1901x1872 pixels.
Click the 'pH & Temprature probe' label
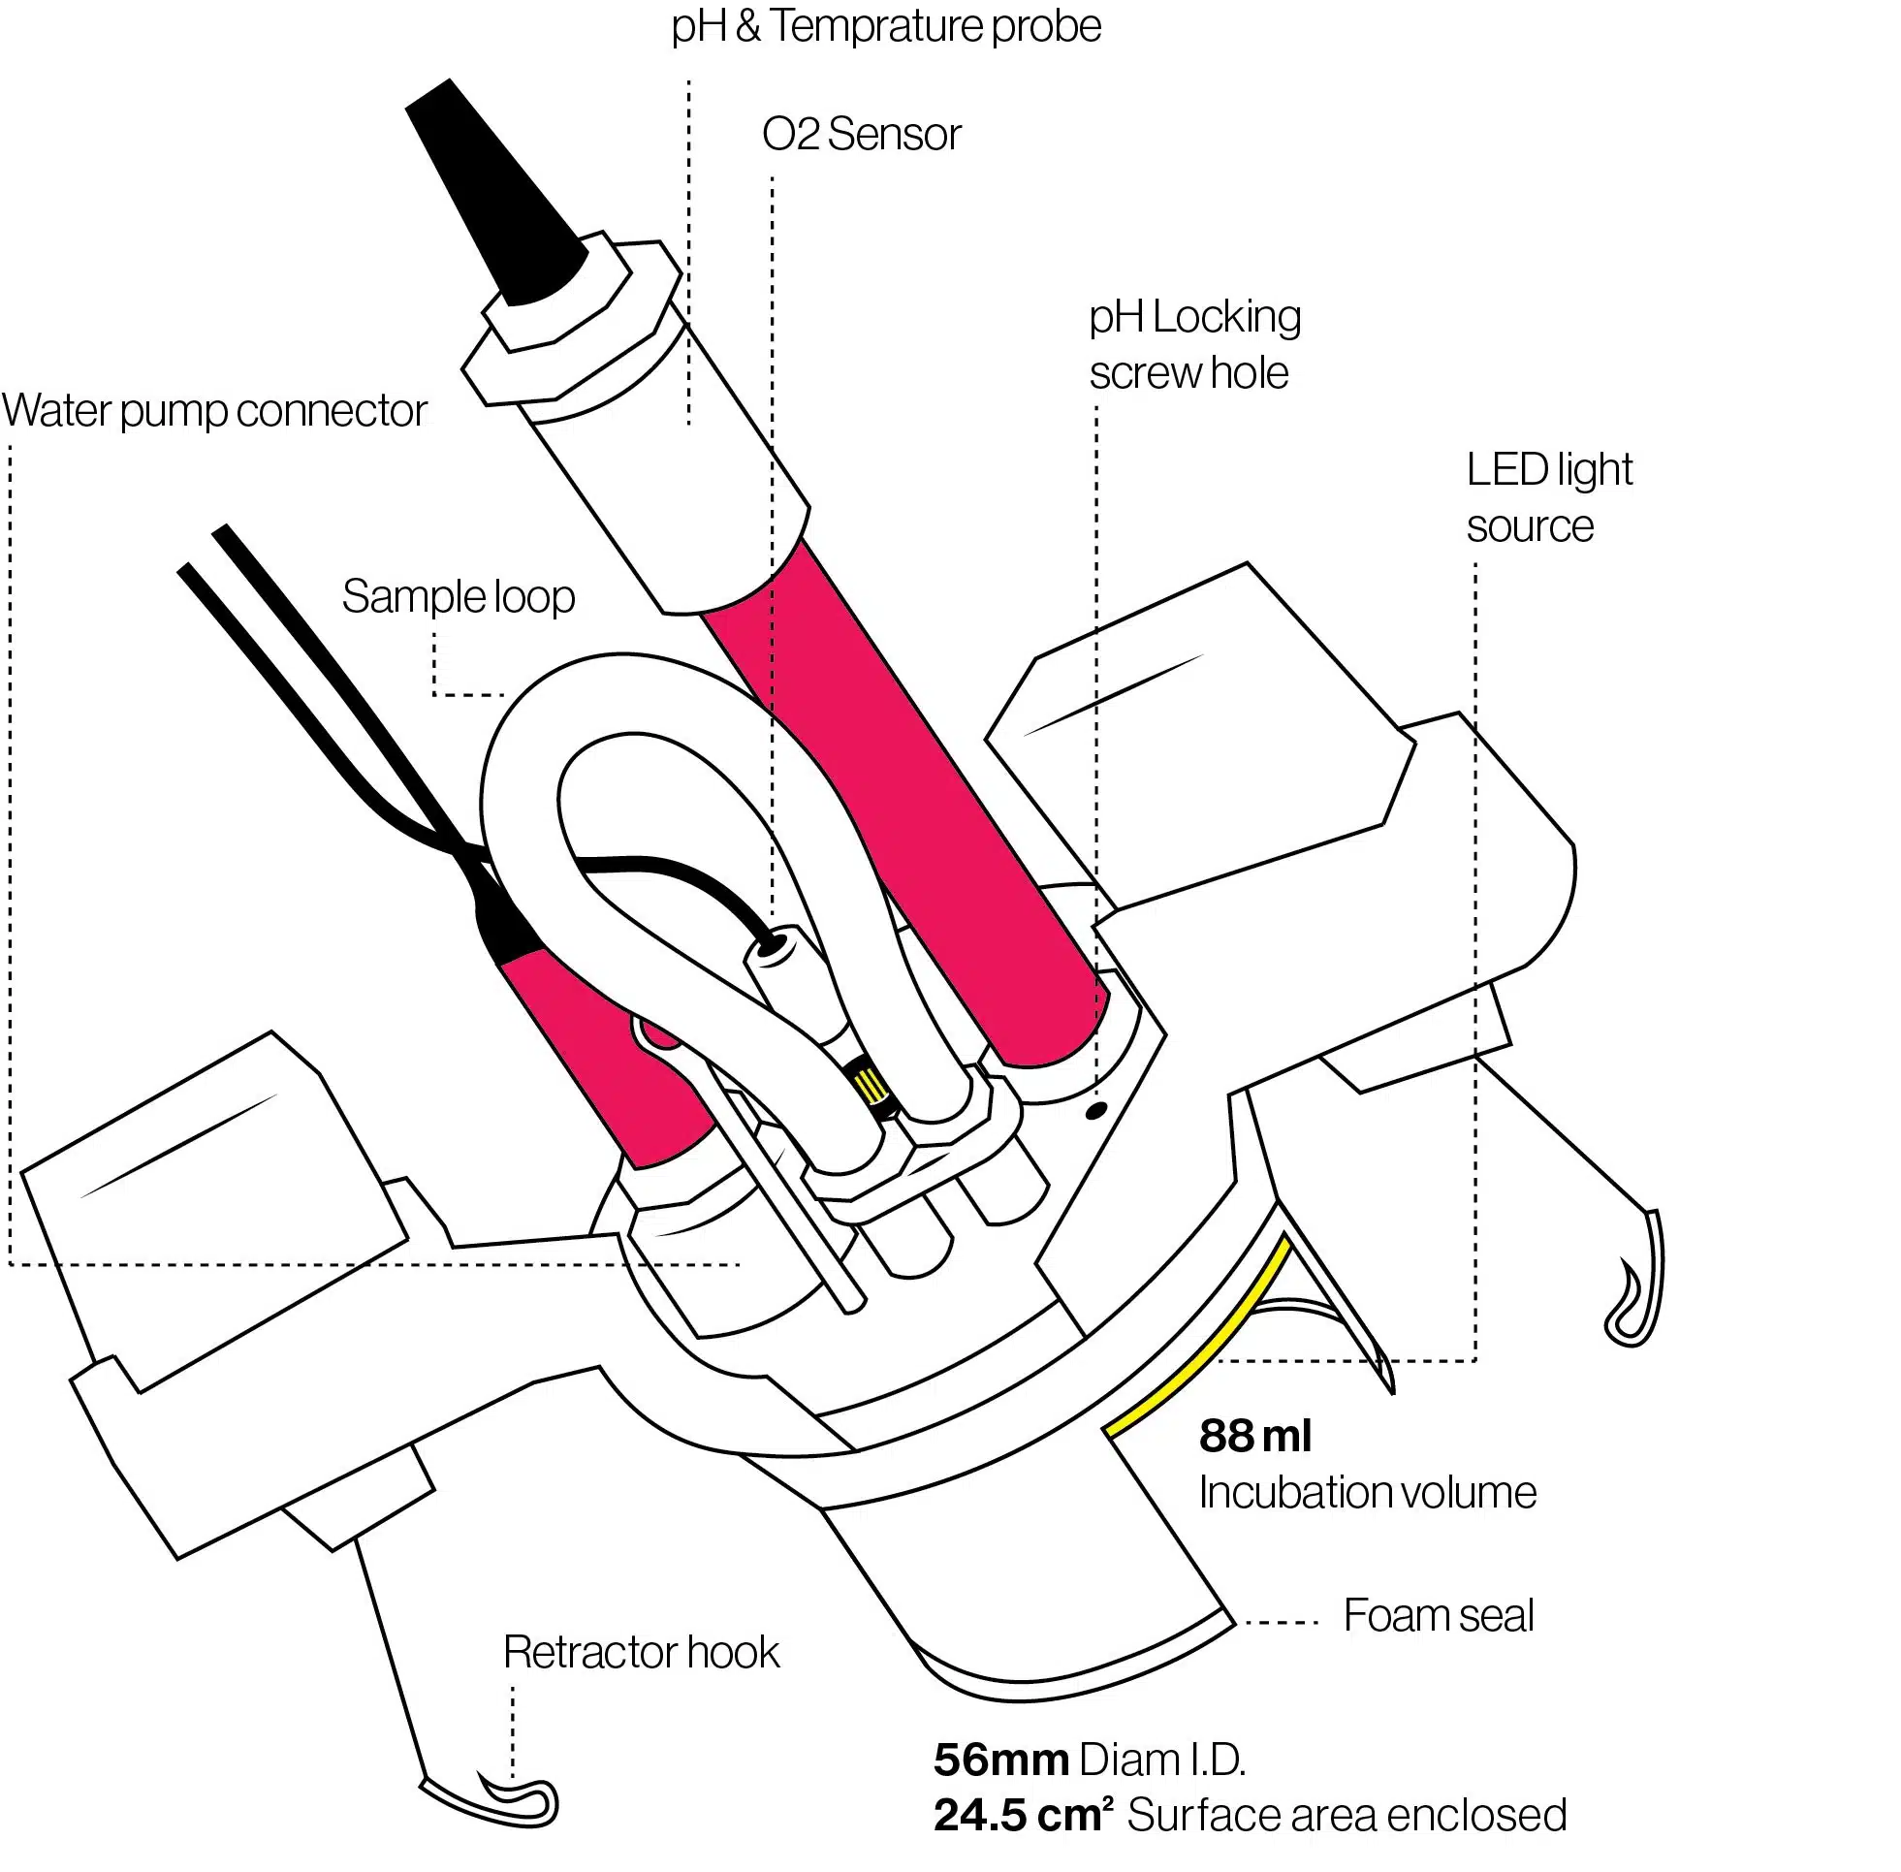pyautogui.click(x=885, y=26)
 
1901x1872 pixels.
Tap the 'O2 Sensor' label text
pyautogui.click(x=861, y=135)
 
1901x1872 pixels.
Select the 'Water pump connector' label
pyautogui.click(x=214, y=411)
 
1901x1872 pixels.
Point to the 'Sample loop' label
pyautogui.click(x=459, y=597)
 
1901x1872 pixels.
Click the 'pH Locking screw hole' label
pyautogui.click(x=1193, y=345)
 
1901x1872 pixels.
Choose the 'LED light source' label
pyautogui.click(x=1547, y=498)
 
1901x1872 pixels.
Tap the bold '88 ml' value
pyautogui.click(x=1254, y=1437)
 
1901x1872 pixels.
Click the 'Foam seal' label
pyautogui.click(x=1437, y=1615)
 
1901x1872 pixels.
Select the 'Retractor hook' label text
pyautogui.click(x=641, y=1653)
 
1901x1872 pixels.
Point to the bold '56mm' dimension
pyautogui.click(x=1000, y=1760)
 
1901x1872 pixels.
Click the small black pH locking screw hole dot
pyautogui.click(x=1095, y=1112)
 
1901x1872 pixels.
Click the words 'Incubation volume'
pyautogui.click(x=1366, y=1493)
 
